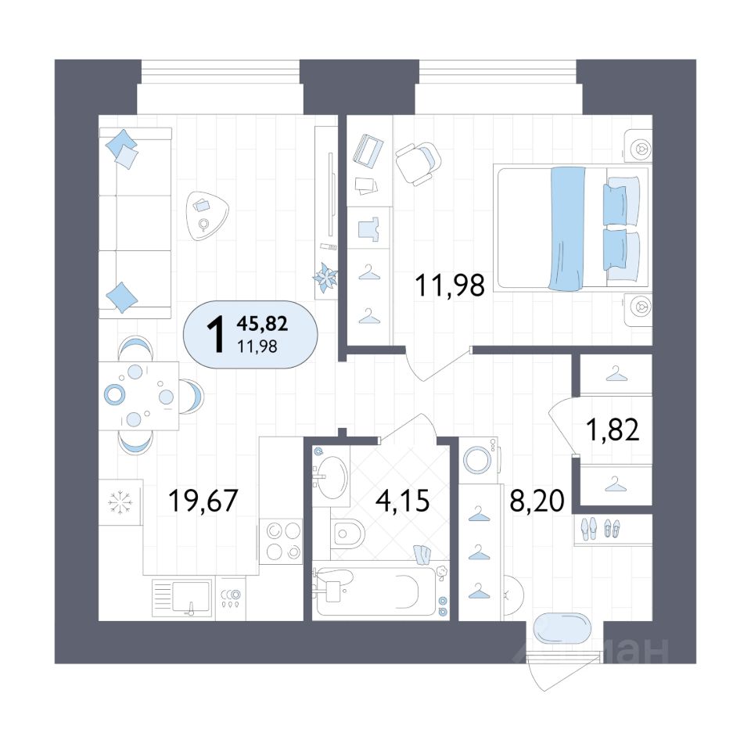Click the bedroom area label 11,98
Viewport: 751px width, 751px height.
pos(450,285)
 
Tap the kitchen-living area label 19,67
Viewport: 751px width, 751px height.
pos(203,500)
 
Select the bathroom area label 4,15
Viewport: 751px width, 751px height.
pos(402,501)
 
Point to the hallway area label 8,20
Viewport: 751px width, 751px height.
pos(537,501)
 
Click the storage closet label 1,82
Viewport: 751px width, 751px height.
pos(613,429)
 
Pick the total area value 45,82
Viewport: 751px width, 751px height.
pos(262,324)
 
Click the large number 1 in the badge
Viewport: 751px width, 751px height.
pos(216,335)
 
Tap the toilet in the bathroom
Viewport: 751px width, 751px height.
pos(348,532)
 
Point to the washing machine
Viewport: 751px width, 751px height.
pos(480,460)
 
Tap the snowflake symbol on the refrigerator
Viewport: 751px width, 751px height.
pos(120,502)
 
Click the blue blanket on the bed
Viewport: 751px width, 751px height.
pos(567,228)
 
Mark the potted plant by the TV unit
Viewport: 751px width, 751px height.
pos(325,277)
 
